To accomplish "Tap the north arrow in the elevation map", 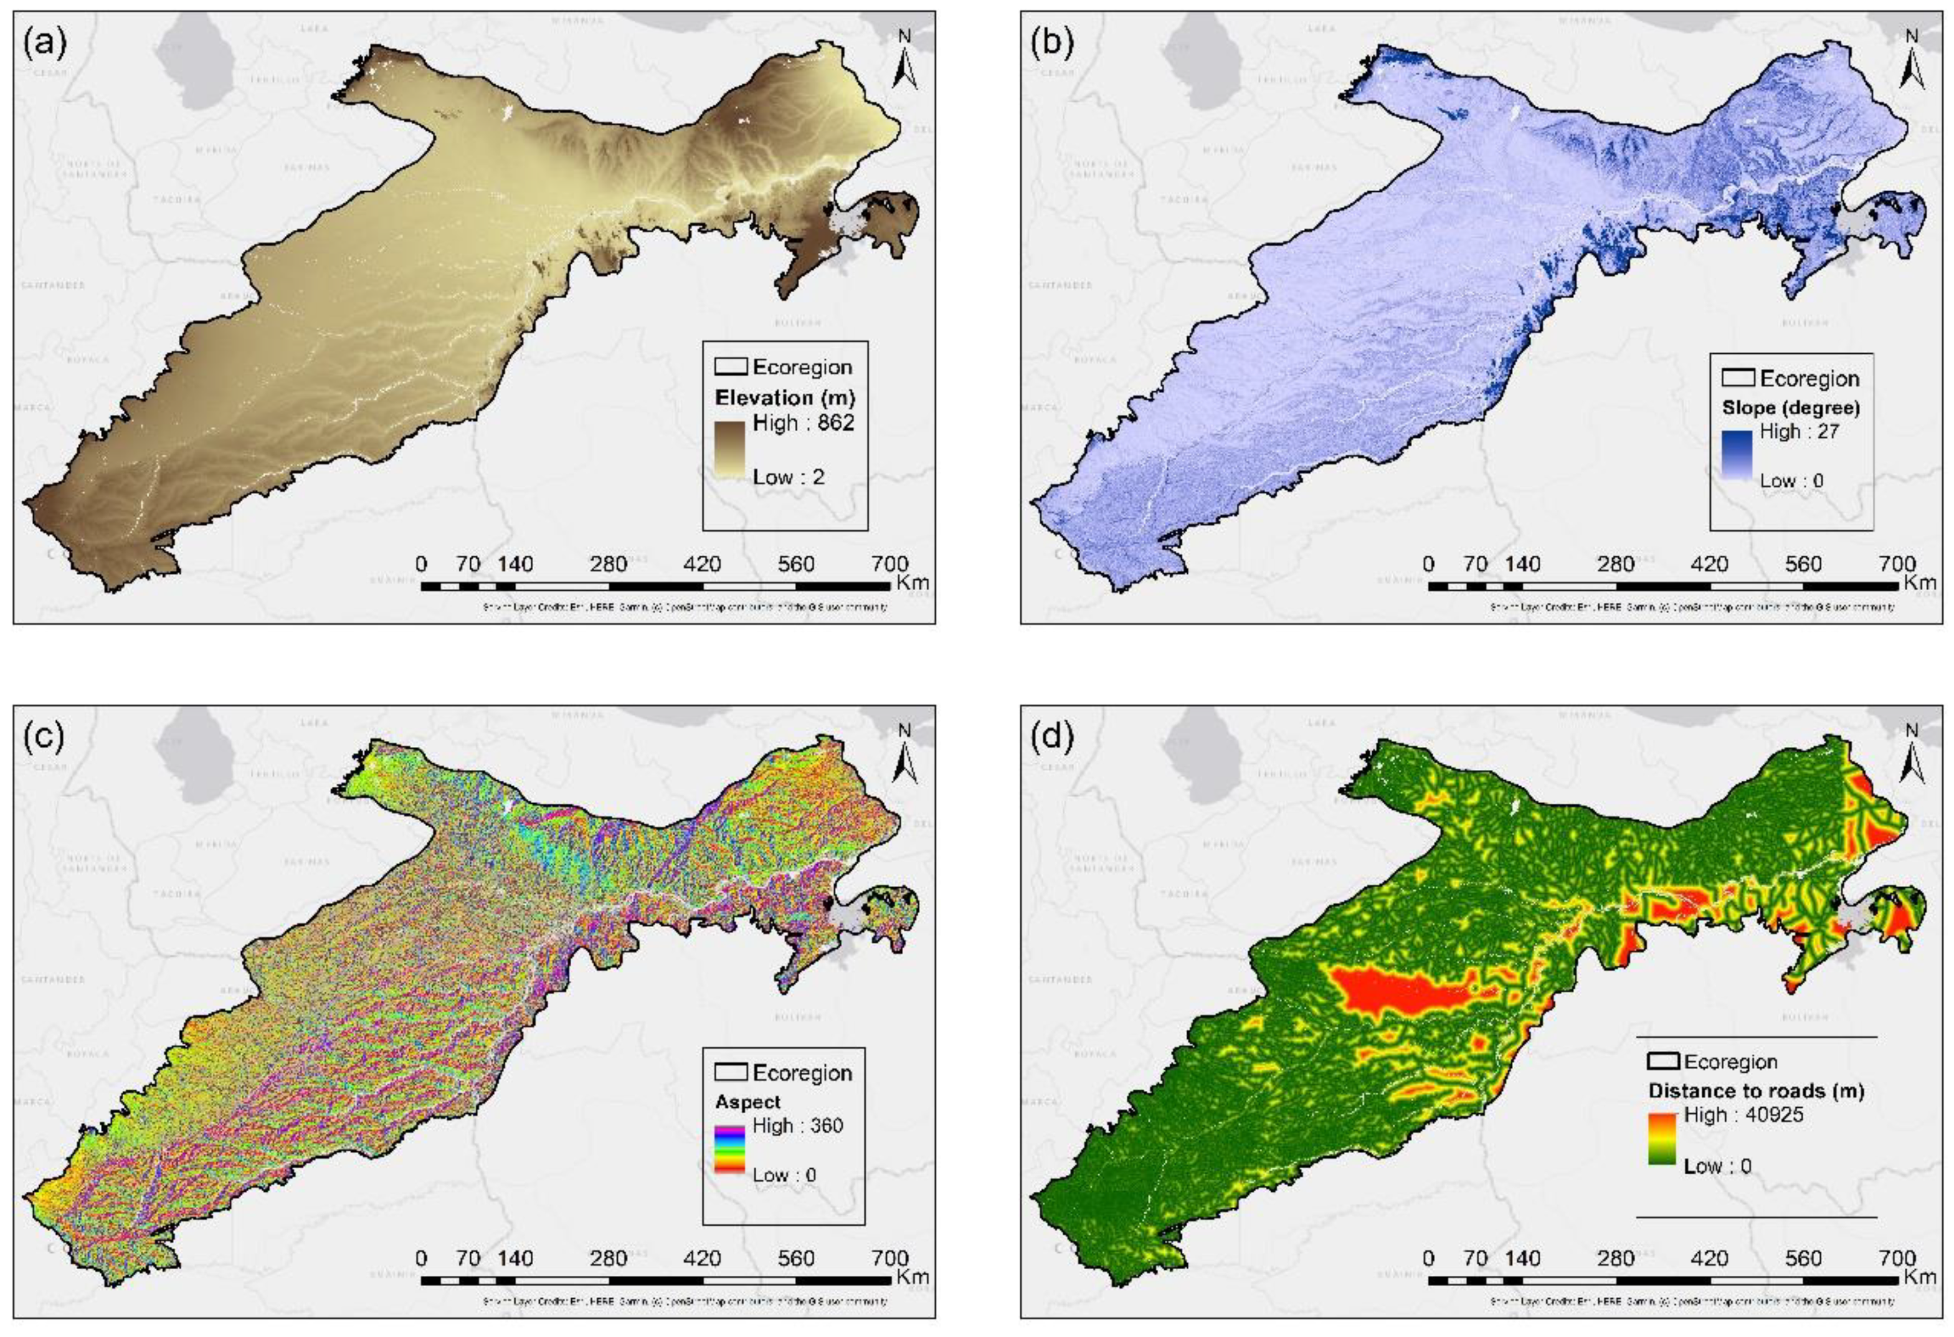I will click(904, 60).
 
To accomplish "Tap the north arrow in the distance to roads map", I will click(1911, 754).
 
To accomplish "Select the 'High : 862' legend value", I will click(803, 423).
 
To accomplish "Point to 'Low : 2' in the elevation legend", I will click(788, 477).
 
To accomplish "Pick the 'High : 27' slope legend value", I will click(1800, 431).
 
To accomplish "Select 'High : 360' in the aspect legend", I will click(797, 1125).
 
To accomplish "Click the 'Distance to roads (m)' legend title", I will click(1755, 1091).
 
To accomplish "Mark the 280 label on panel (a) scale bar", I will click(608, 563).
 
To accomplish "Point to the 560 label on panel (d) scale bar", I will click(1803, 1258).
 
